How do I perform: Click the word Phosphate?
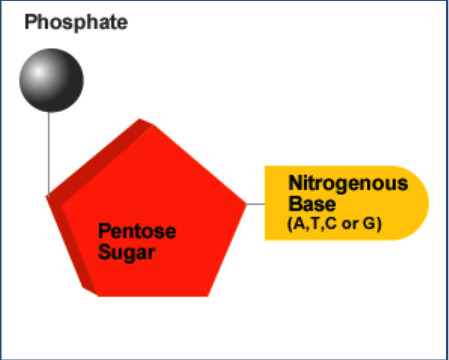76,22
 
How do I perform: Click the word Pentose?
137,232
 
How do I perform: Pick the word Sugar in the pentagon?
126,252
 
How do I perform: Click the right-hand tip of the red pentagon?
244,204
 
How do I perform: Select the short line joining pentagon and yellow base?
256,204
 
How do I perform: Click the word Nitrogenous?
348,183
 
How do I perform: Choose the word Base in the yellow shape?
312,204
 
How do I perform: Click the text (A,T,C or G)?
334,224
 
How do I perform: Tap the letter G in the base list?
369,224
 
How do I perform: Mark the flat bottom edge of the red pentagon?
152,295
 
